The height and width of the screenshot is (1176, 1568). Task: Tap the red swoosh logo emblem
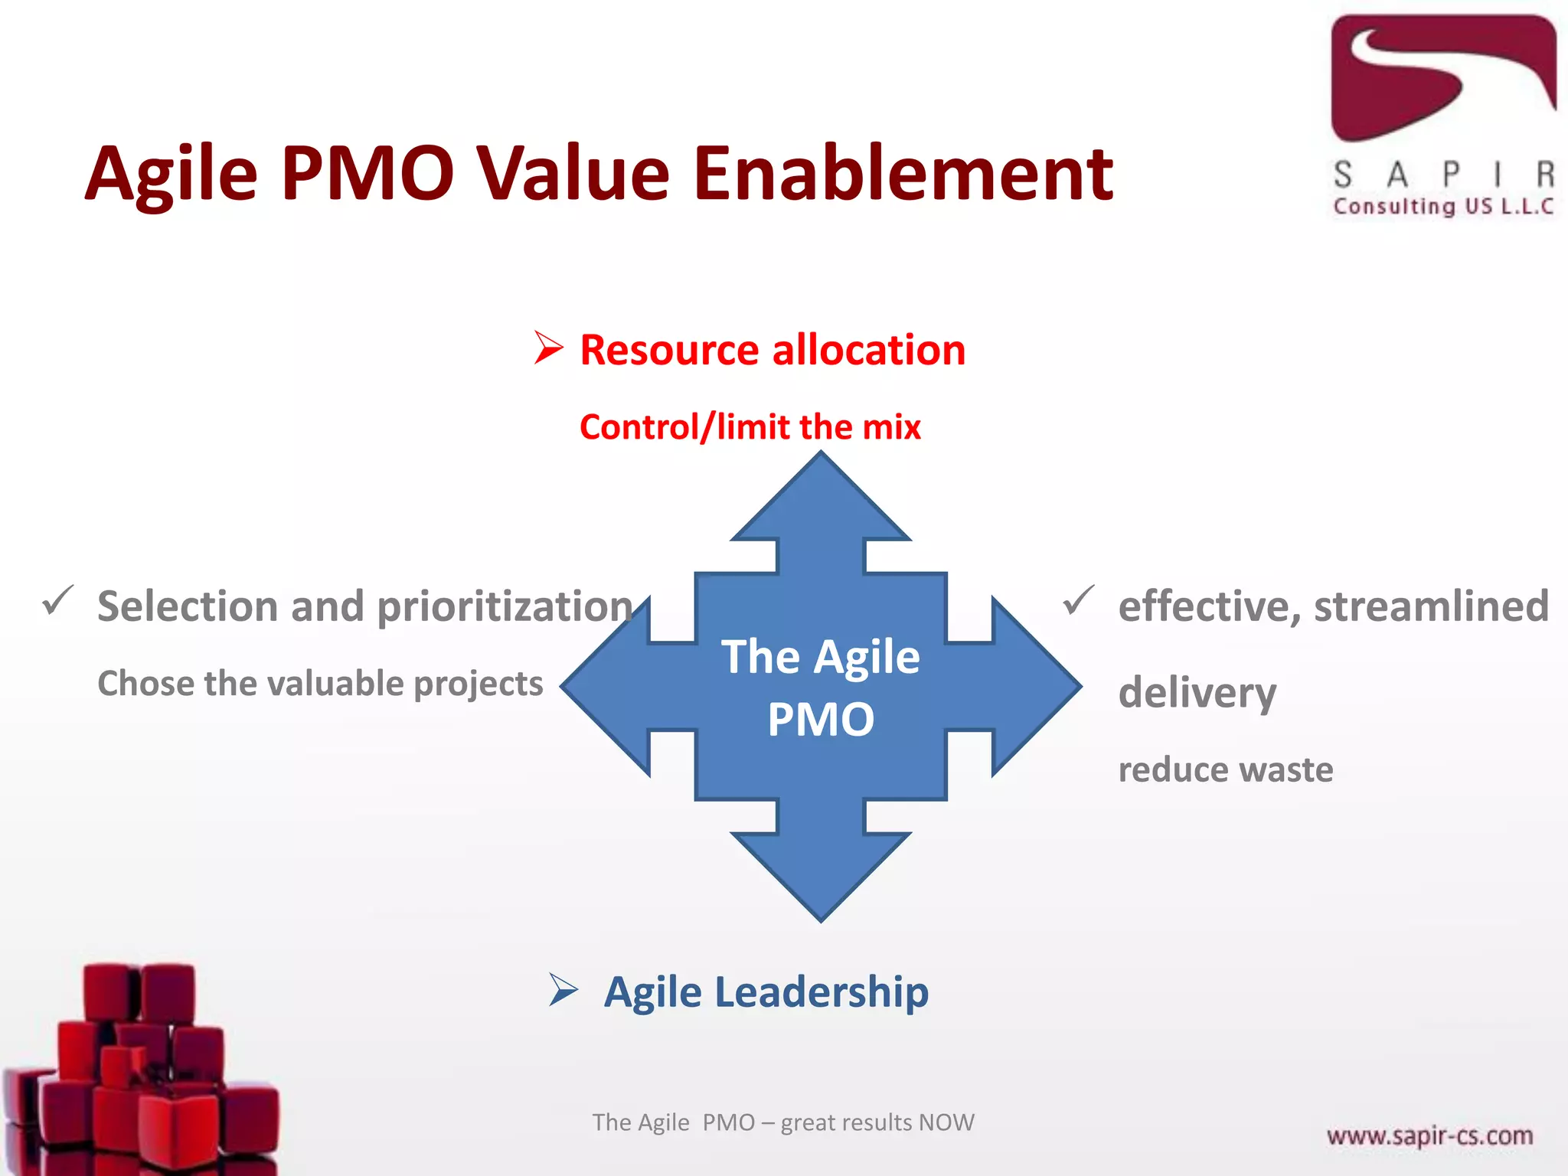click(x=1442, y=77)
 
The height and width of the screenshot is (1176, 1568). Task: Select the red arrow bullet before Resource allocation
click(x=548, y=348)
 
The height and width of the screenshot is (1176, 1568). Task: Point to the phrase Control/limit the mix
click(x=750, y=427)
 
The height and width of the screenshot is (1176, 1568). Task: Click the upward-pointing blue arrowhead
click(x=821, y=501)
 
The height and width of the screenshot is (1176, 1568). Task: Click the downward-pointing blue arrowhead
click(x=821, y=873)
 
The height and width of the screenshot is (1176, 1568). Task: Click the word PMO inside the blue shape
click(x=821, y=720)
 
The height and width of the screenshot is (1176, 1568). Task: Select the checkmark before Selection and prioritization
click(x=58, y=600)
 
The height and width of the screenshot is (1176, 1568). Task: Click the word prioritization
click(x=505, y=607)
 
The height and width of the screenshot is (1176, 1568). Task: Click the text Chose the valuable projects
click(x=320, y=683)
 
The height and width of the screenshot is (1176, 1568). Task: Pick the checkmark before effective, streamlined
click(x=1078, y=600)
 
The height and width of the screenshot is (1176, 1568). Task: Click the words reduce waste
click(x=1225, y=769)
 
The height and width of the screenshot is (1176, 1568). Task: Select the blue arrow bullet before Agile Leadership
click(x=563, y=990)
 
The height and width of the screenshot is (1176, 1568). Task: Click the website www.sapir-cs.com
click(x=1429, y=1135)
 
